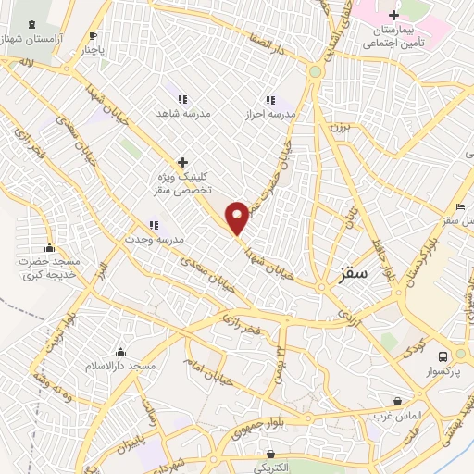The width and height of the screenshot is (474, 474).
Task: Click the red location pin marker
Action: click(x=238, y=218)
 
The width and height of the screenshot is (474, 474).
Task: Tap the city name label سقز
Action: click(x=353, y=275)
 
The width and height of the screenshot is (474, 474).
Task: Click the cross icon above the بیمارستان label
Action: click(x=394, y=15)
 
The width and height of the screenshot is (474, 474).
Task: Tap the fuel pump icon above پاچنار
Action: click(x=92, y=36)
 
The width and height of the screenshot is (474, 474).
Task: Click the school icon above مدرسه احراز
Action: click(x=270, y=100)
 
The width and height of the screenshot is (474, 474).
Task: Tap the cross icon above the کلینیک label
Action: click(x=183, y=162)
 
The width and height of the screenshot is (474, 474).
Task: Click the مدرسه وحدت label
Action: click(x=156, y=239)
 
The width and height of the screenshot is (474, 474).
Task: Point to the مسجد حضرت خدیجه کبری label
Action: click(x=50, y=269)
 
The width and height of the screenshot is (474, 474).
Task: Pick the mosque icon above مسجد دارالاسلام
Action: click(x=120, y=353)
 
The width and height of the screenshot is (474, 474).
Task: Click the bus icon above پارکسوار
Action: click(x=443, y=356)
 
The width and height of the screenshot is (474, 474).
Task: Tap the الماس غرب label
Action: click(x=397, y=416)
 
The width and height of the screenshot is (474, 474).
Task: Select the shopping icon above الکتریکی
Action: click(x=270, y=455)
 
